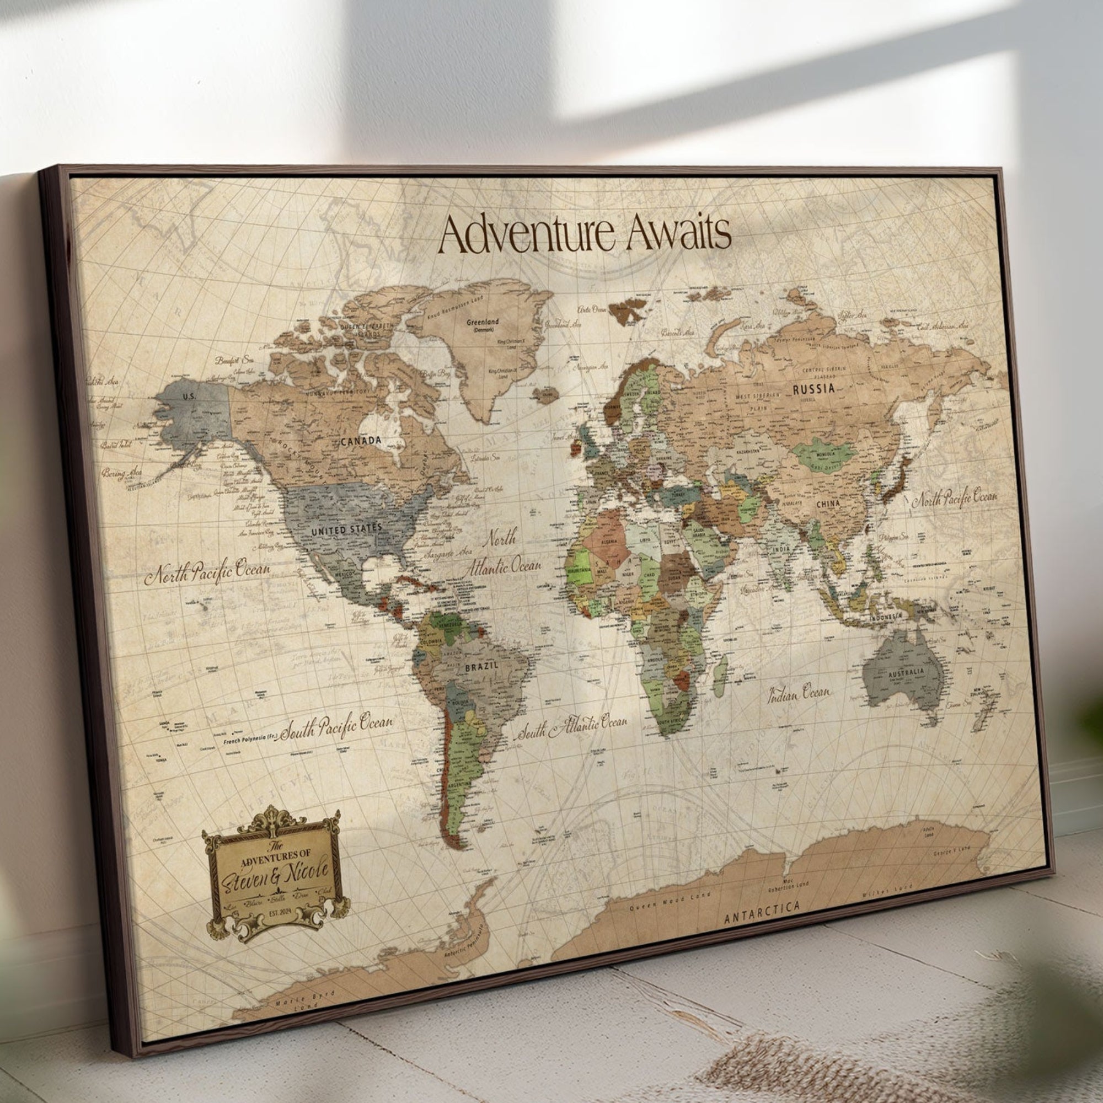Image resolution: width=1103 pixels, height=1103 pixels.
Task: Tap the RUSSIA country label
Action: point(813,389)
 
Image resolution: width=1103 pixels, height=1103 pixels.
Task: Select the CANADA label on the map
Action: point(360,440)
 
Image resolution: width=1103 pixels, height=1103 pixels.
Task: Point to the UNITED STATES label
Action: point(346,529)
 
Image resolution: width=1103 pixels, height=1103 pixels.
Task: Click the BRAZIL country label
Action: point(481,666)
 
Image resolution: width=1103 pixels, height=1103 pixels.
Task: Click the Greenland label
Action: point(483,322)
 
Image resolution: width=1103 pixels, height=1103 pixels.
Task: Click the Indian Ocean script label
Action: point(798,694)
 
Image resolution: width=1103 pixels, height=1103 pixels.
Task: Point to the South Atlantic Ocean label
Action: point(572,727)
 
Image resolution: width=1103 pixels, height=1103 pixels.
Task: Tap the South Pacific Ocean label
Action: point(338,726)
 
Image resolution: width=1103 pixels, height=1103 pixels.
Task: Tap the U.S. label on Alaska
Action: point(189,395)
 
